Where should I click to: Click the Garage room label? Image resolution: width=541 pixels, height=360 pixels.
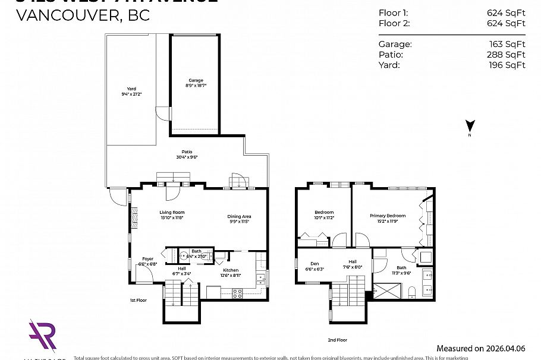click(196, 80)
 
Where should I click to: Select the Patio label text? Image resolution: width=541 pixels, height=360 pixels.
click(187, 153)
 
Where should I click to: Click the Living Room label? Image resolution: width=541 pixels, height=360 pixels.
click(171, 213)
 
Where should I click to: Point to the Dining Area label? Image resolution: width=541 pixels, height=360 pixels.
click(238, 216)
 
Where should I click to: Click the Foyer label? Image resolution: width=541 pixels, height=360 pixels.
click(147, 259)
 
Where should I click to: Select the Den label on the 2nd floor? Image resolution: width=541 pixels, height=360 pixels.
click(314, 264)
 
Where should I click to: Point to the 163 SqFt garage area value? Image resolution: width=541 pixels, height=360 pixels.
click(506, 44)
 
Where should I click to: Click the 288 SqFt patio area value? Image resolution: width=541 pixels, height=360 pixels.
click(506, 55)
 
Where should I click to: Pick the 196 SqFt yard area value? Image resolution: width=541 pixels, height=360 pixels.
click(506, 65)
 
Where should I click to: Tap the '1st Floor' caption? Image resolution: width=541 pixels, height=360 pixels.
click(138, 301)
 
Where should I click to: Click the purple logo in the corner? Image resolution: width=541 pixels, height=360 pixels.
click(42, 336)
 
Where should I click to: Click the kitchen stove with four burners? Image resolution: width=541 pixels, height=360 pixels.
click(237, 293)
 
